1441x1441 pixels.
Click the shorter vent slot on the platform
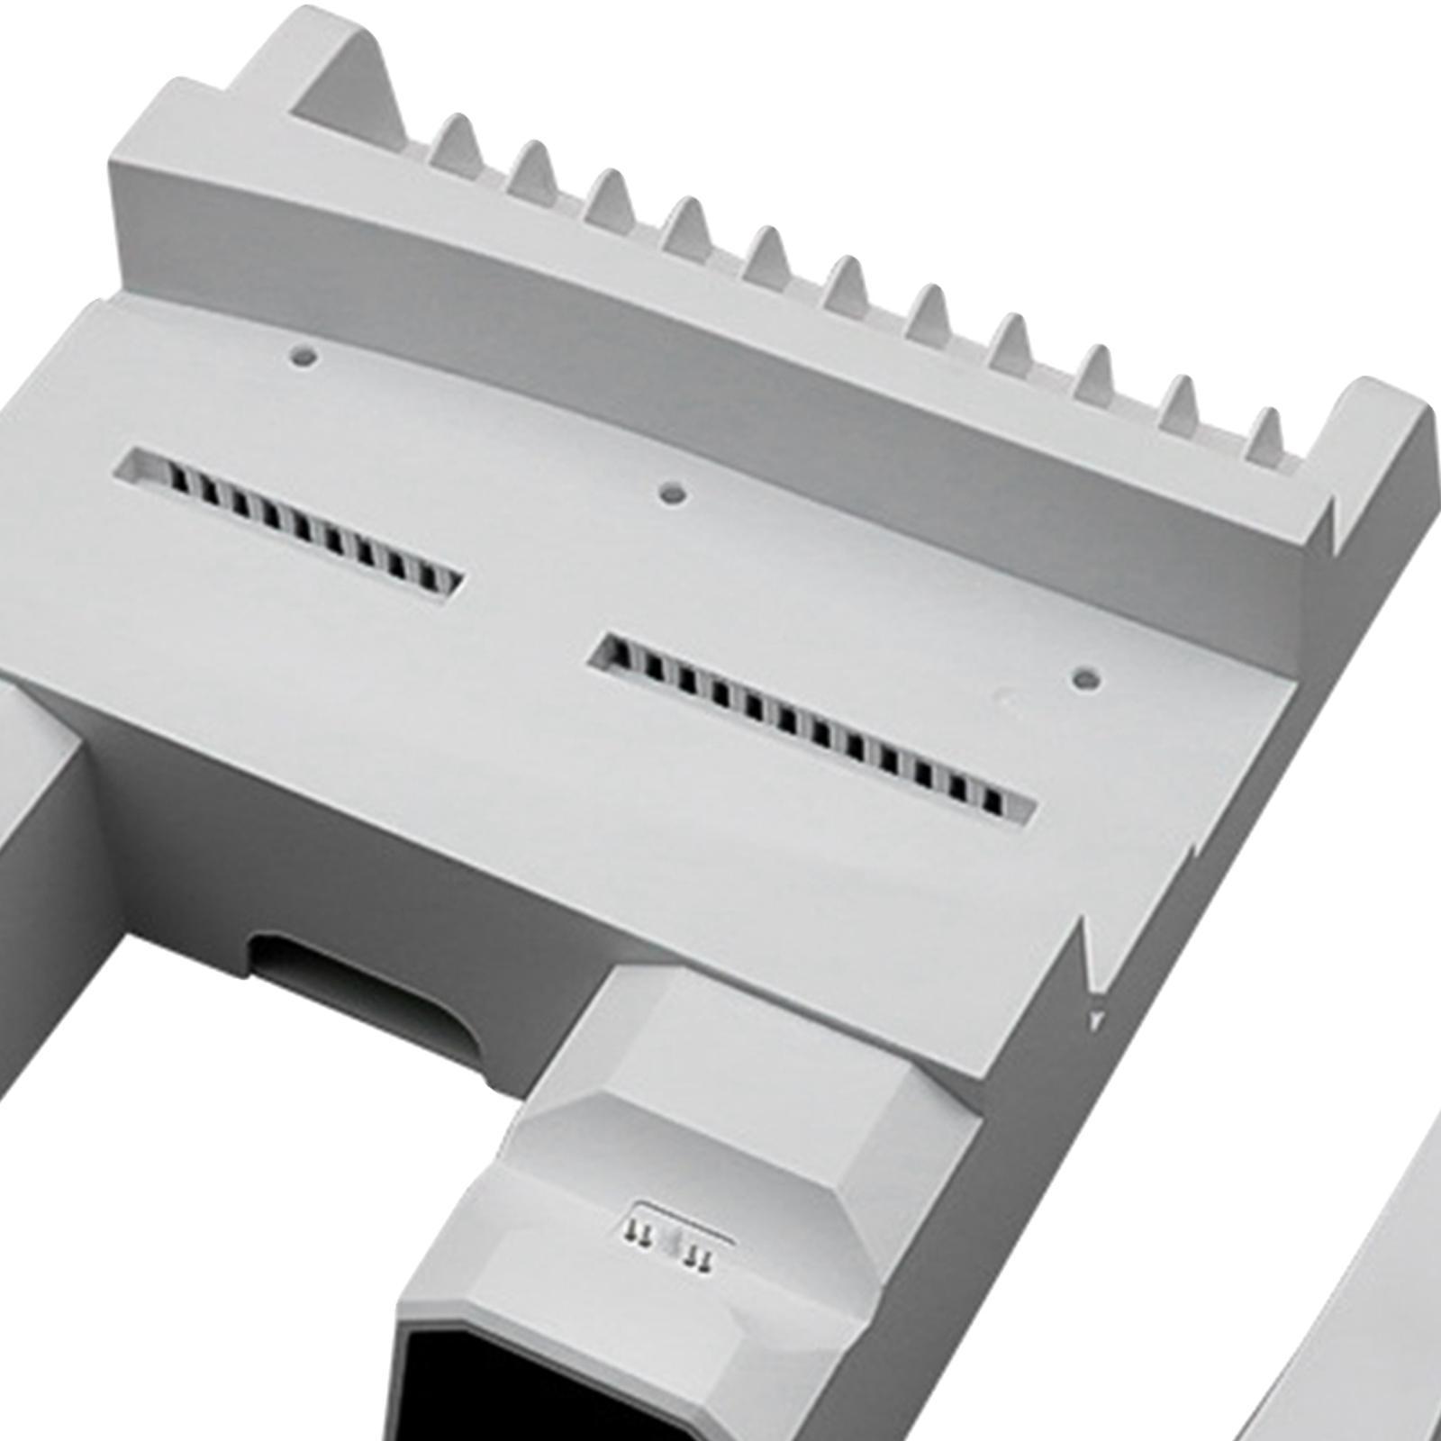point(293,521)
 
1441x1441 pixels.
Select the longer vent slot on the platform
point(811,720)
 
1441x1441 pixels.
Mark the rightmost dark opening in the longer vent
point(996,800)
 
